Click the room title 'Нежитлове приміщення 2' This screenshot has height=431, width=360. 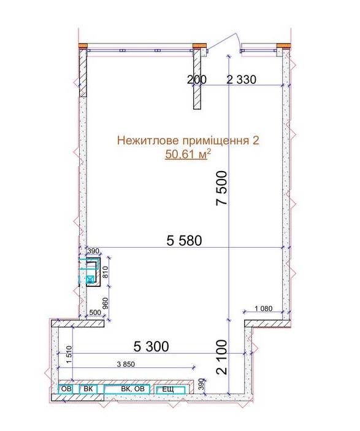click(188, 140)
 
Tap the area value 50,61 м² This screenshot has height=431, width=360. click(188, 154)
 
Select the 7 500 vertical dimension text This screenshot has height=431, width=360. click(221, 188)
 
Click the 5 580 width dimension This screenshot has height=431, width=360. click(184, 240)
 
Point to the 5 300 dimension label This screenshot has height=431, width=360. click(151, 346)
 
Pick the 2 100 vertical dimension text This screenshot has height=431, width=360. click(221, 357)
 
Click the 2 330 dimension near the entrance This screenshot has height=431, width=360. click(241, 80)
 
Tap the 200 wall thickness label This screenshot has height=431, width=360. click(197, 80)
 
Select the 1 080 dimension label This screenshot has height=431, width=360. click(264, 308)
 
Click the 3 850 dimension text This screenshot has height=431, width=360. click(126, 364)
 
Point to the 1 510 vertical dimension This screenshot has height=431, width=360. click(69, 354)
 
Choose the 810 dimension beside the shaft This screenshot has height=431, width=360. click(105, 272)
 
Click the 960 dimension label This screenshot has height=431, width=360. click(105, 303)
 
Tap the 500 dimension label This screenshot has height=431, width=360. click(95, 313)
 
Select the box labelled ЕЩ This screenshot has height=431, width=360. click(170, 389)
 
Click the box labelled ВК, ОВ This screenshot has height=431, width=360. click(127, 389)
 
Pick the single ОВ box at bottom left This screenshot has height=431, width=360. click(66, 389)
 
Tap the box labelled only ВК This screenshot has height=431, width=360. click(88, 389)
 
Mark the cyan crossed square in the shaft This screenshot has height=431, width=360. click(90, 280)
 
